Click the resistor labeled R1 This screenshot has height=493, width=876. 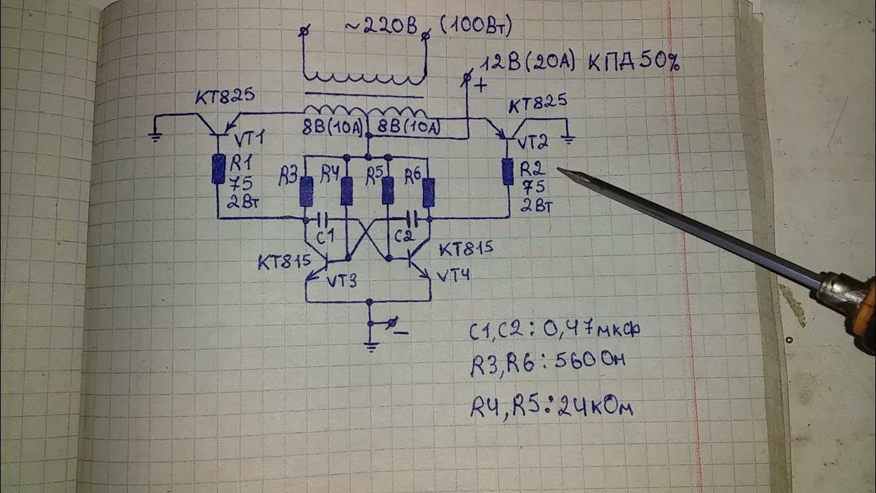218,169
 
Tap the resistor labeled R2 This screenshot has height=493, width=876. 508,171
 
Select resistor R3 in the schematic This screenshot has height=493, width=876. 307,191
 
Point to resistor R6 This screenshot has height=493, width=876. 428,192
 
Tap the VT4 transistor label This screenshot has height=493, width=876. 452,275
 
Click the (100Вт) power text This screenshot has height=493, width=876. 476,26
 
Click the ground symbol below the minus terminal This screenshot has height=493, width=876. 371,346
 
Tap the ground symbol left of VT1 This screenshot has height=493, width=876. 155,136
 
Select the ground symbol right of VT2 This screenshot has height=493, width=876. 567,140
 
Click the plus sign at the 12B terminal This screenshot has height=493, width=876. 480,86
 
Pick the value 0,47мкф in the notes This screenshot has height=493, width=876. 592,329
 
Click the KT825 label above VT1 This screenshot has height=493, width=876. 224,97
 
